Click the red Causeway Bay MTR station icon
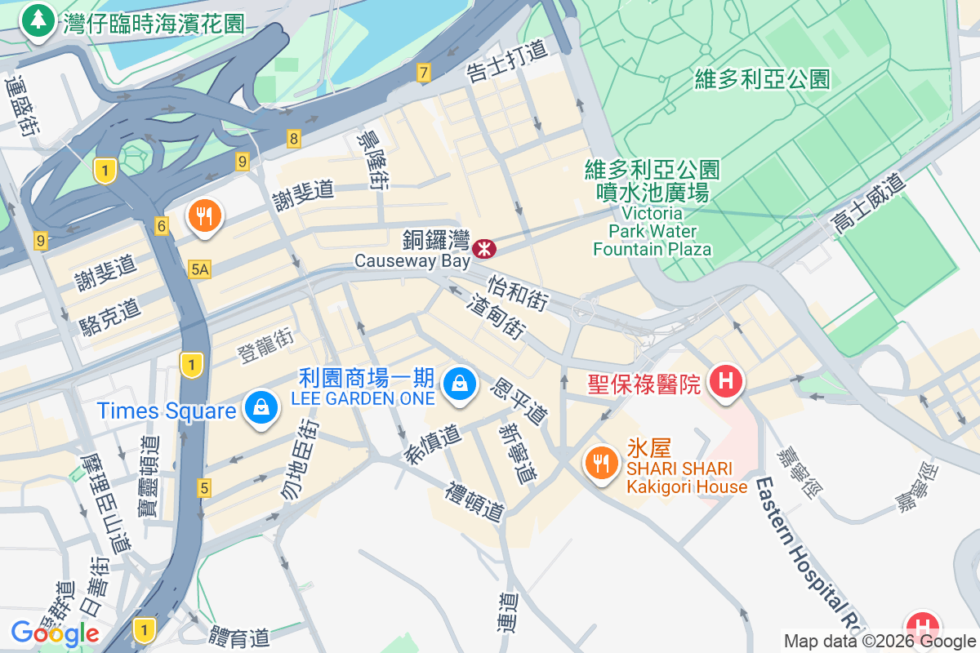(x=484, y=246)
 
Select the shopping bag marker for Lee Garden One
(x=459, y=382)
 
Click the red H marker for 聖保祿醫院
(x=724, y=381)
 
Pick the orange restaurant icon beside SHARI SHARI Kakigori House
(x=602, y=464)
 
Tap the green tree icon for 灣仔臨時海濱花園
(x=38, y=20)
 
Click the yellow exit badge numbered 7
(x=422, y=73)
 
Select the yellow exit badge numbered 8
(x=293, y=139)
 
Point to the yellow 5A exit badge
(x=199, y=269)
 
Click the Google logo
(x=55, y=633)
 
